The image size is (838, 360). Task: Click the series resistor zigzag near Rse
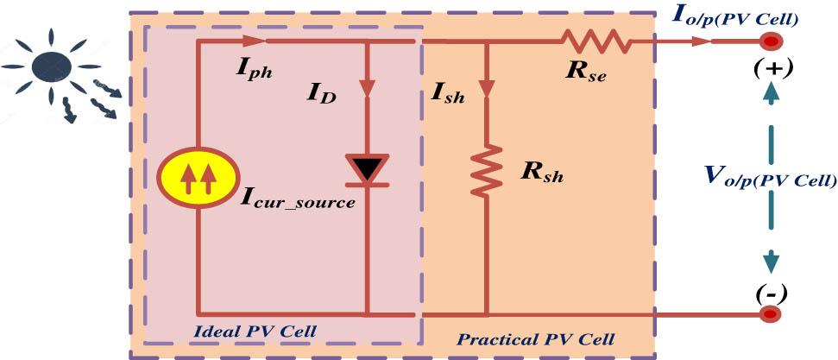pos(596,40)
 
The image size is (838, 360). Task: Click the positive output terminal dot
pos(770,41)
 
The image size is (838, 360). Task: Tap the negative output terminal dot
pos(770,315)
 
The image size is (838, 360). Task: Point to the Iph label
pos(255,72)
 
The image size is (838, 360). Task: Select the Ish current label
pos(447,94)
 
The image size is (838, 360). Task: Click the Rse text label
pos(584,73)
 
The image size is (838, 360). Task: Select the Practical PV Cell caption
pos(534,339)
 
